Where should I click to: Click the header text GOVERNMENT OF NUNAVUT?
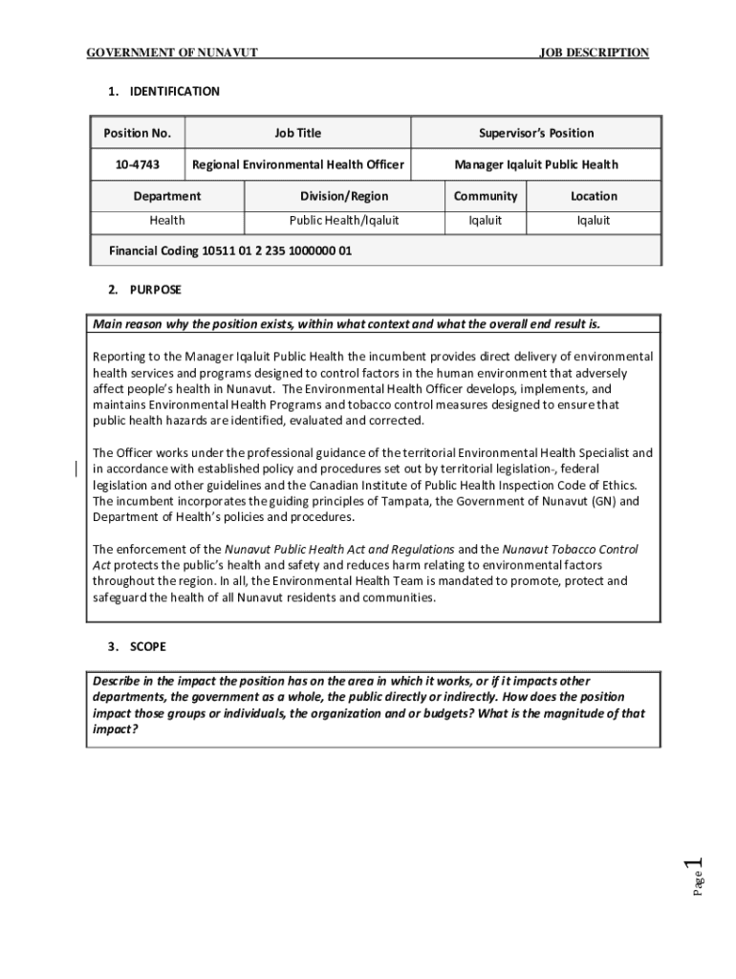(x=172, y=53)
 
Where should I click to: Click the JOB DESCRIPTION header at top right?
(x=594, y=53)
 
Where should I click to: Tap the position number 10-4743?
(x=137, y=164)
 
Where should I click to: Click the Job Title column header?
(x=298, y=133)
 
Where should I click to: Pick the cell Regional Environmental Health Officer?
(x=298, y=164)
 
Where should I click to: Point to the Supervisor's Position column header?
(x=536, y=133)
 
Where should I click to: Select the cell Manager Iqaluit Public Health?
(x=536, y=164)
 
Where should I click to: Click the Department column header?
(x=167, y=196)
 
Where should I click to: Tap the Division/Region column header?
(x=344, y=196)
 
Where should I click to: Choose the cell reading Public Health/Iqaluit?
(x=344, y=221)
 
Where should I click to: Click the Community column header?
(x=486, y=196)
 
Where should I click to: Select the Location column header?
(x=595, y=196)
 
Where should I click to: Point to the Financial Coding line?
(x=230, y=251)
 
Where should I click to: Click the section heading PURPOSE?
(x=155, y=289)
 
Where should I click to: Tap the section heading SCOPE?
(x=148, y=646)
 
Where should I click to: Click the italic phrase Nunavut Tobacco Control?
(x=570, y=550)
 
